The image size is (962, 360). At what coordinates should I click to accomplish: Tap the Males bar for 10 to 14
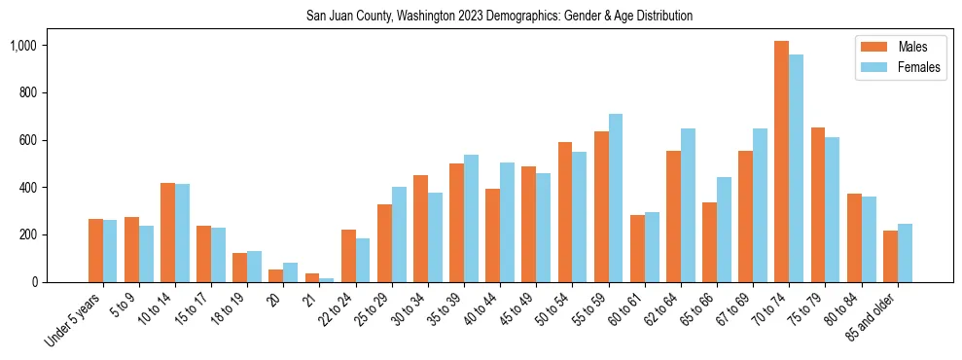(x=167, y=233)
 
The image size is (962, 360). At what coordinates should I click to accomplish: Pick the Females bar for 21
(x=327, y=279)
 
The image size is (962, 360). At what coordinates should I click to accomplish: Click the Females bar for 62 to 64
(x=689, y=205)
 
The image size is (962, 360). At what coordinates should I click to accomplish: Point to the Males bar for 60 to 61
(x=637, y=249)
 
